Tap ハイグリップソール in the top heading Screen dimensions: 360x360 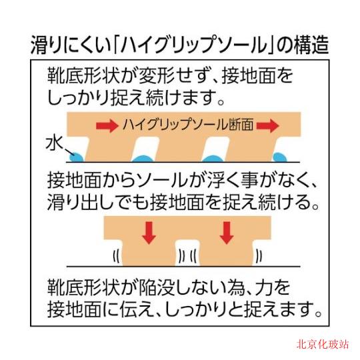pyautogui.click(x=193, y=45)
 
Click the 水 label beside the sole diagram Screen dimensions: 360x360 pyautogui.click(x=54, y=143)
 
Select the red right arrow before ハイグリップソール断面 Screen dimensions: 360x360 pyautogui.click(x=107, y=125)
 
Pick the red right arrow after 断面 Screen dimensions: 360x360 pyautogui.click(x=267, y=125)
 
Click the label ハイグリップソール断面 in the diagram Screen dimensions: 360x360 pyautogui.click(x=188, y=125)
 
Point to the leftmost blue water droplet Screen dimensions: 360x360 pyautogui.click(x=77, y=157)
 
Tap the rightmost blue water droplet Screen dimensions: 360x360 pyautogui.click(x=279, y=157)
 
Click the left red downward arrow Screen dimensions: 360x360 pyautogui.click(x=149, y=233)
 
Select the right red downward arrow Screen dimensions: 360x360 pyautogui.click(x=227, y=233)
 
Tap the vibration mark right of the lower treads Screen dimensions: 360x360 pyautogui.click(x=259, y=256)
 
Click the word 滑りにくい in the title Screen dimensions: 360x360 pyautogui.click(x=71, y=45)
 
